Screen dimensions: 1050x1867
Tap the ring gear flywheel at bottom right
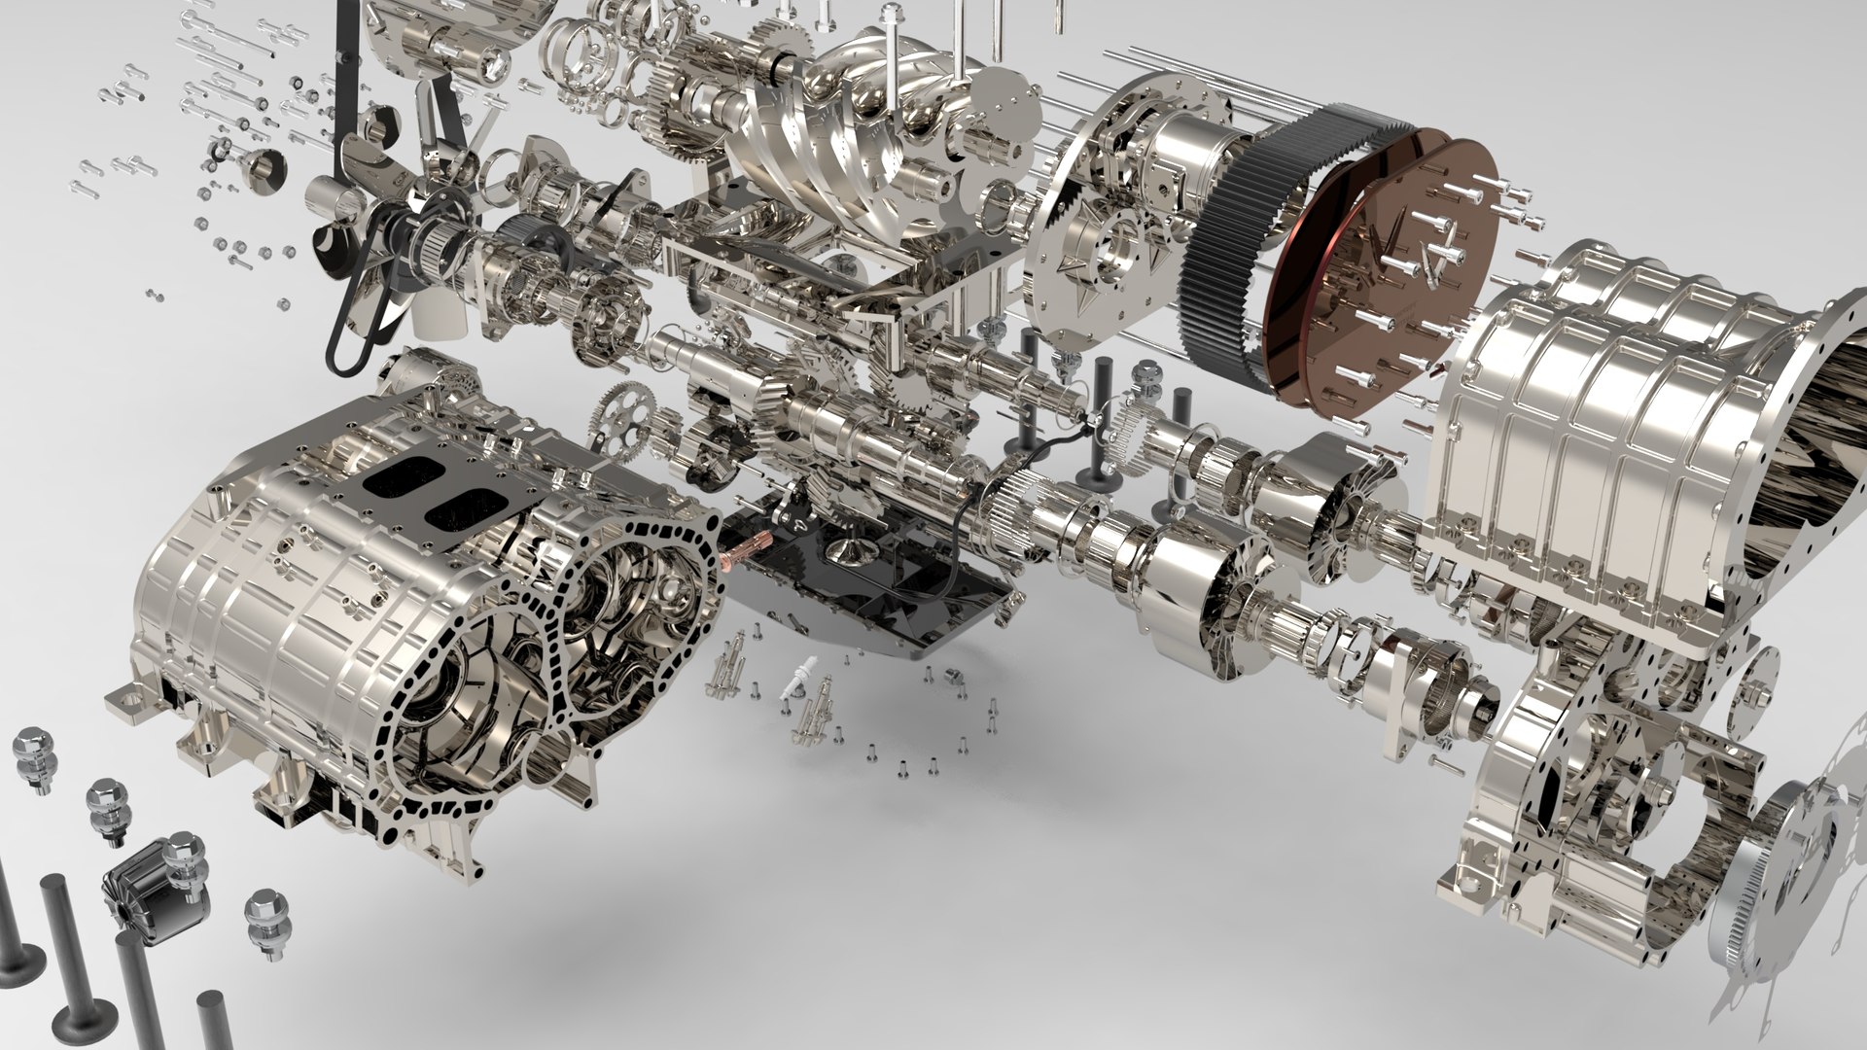point(1750,904)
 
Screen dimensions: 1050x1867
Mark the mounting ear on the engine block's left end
point(126,696)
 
